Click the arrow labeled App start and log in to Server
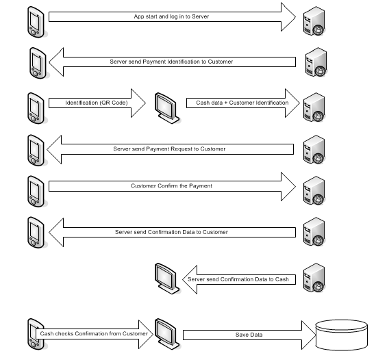(171, 16)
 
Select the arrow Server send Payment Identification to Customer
(171, 62)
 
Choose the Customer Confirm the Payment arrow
(171, 185)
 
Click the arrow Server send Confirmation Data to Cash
(239, 279)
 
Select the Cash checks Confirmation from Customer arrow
(92, 334)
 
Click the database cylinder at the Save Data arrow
(344, 335)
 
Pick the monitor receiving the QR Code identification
(164, 106)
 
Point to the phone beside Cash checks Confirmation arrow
(36, 335)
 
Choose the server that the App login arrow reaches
(314, 21)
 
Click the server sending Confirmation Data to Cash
(314, 277)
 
